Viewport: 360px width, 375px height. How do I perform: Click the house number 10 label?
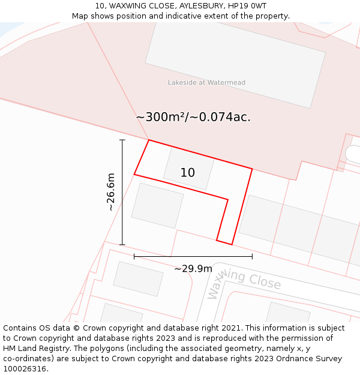coord(188,173)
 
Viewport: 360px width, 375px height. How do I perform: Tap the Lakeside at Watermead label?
coord(206,83)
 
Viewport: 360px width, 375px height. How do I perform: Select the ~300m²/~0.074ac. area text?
coord(193,118)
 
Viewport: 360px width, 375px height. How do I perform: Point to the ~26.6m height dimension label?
coord(110,192)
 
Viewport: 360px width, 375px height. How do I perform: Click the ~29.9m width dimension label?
coord(193,269)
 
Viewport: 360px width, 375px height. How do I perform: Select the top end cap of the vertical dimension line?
coord(122,140)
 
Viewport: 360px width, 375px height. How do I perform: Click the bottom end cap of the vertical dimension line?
coord(122,245)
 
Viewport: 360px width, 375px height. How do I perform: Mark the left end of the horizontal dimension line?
coord(134,257)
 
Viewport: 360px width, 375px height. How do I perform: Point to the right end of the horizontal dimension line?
coord(252,257)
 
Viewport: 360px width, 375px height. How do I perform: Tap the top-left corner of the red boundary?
coord(148,140)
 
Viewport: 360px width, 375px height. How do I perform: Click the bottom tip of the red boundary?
coord(231,244)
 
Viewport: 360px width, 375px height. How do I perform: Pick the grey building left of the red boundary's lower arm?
coord(157,205)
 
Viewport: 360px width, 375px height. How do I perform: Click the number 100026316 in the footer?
coord(25,369)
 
